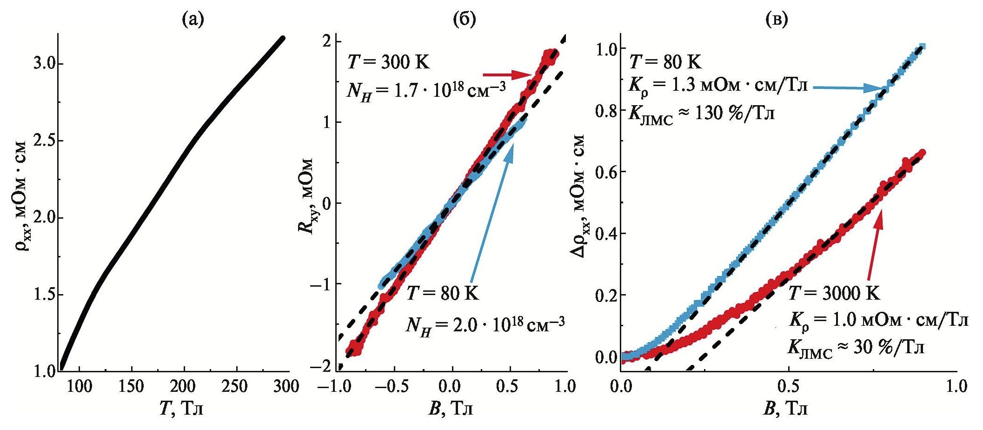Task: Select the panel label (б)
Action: pyautogui.click(x=465, y=19)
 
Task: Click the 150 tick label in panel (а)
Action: pyautogui.click(x=132, y=387)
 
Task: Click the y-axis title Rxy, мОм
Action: pyautogui.click(x=306, y=196)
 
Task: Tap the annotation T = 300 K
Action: pyautogui.click(x=388, y=62)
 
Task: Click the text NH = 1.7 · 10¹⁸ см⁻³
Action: pyautogui.click(x=426, y=88)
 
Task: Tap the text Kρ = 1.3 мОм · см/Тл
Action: pyautogui.click(x=718, y=86)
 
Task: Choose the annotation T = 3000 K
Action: pyautogui.click(x=834, y=294)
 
